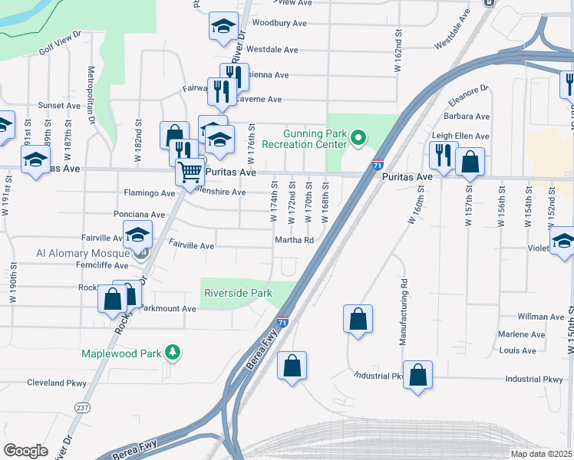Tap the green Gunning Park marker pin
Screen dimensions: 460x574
pos(358,138)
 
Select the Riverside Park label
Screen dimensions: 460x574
pos(238,293)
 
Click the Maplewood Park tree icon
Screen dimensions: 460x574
pos(174,352)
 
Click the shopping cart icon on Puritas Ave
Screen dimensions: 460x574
pos(189,171)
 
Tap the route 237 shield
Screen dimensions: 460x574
pos(82,406)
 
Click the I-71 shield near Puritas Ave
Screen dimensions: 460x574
pos(378,164)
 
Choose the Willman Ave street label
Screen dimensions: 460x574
pos(540,316)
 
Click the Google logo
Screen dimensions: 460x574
pos(25,451)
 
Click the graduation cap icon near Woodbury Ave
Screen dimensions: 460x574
pos(223,27)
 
